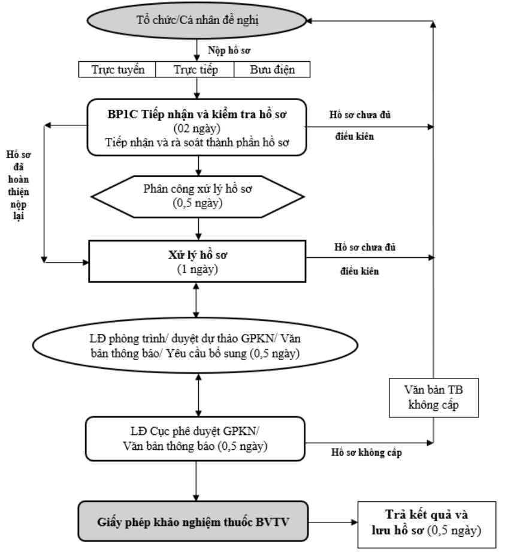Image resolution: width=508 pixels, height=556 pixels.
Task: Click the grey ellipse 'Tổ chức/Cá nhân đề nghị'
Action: tap(196, 20)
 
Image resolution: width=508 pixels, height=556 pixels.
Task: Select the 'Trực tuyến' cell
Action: tap(117, 70)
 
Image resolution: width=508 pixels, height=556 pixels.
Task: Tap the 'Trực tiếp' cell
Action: tap(195, 70)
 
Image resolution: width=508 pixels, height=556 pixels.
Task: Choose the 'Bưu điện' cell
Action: tap(272, 70)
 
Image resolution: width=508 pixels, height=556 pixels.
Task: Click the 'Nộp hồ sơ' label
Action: tap(229, 50)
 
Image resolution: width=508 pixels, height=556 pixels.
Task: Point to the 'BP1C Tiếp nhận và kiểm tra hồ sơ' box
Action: tap(196, 127)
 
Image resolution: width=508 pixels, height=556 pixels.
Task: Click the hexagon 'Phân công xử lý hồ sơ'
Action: tap(198, 197)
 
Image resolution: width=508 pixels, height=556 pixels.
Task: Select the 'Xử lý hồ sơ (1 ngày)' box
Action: tap(197, 262)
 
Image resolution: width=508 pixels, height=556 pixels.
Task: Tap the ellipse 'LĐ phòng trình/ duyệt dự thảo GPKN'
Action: tap(195, 345)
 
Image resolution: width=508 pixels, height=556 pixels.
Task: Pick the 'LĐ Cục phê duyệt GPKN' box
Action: tap(195, 438)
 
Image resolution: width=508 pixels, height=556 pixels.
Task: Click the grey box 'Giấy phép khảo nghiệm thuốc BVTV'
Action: tap(193, 521)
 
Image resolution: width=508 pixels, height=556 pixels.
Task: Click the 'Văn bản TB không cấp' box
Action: tap(434, 398)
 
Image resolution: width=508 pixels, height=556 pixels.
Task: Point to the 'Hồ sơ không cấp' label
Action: tap(366, 452)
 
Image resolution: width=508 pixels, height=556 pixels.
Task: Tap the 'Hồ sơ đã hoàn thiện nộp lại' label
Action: tap(19, 185)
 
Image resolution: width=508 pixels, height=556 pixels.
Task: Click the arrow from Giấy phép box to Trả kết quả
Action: tap(333, 522)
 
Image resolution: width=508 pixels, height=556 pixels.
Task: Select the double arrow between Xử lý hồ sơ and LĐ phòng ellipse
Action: tap(196, 300)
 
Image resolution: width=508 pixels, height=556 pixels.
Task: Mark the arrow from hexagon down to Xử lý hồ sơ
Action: tap(198, 229)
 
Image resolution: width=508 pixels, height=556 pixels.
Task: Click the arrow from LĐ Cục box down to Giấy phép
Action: tap(196, 481)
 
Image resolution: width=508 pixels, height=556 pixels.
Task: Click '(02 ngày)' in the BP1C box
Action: tap(196, 128)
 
